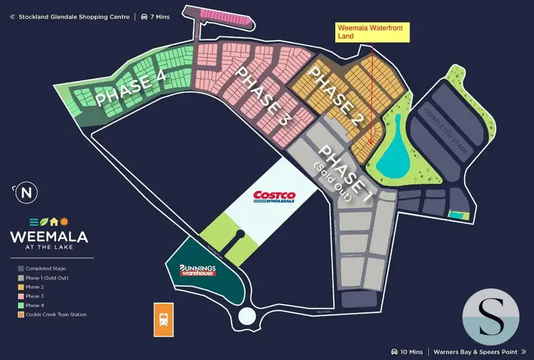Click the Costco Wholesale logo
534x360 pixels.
point(277,196)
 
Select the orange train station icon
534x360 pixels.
point(164,319)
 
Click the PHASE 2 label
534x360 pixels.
point(335,97)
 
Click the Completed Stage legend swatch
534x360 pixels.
point(21,269)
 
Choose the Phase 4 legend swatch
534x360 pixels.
point(21,305)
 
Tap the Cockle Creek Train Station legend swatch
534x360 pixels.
point(21,314)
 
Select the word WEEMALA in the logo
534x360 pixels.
point(48,235)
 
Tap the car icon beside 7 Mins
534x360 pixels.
point(144,16)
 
